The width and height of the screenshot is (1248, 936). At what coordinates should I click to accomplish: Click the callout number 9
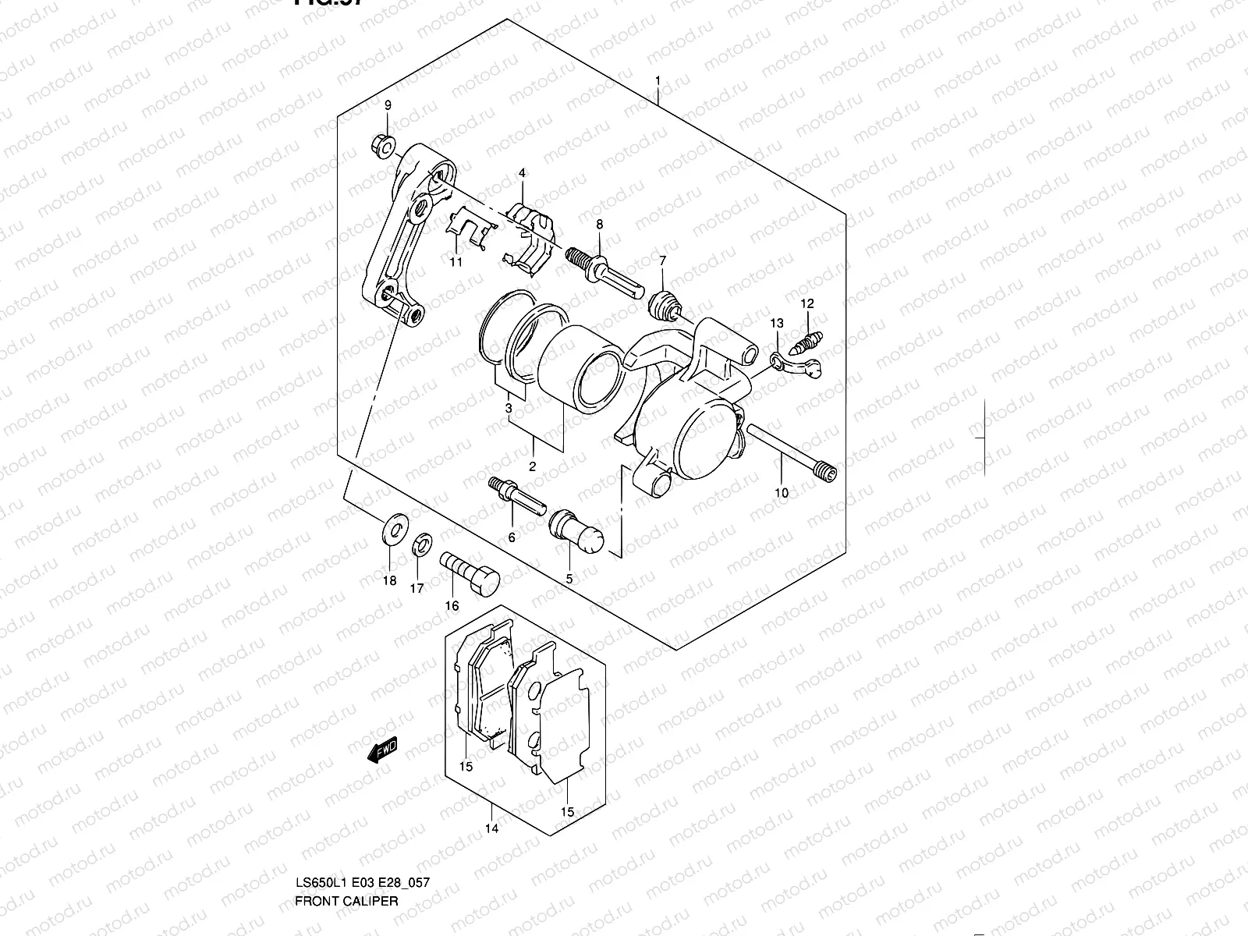[x=388, y=105]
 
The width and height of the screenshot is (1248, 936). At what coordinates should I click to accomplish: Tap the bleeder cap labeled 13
[x=793, y=364]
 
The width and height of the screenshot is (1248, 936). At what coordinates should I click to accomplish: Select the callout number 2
[x=532, y=467]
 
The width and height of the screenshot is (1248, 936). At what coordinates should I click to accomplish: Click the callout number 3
[x=509, y=407]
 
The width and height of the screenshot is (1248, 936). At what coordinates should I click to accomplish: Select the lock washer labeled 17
[x=420, y=542]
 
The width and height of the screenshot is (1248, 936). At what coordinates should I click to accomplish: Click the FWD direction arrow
[x=383, y=751]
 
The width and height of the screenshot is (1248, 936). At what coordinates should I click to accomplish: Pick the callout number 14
[x=491, y=828]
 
